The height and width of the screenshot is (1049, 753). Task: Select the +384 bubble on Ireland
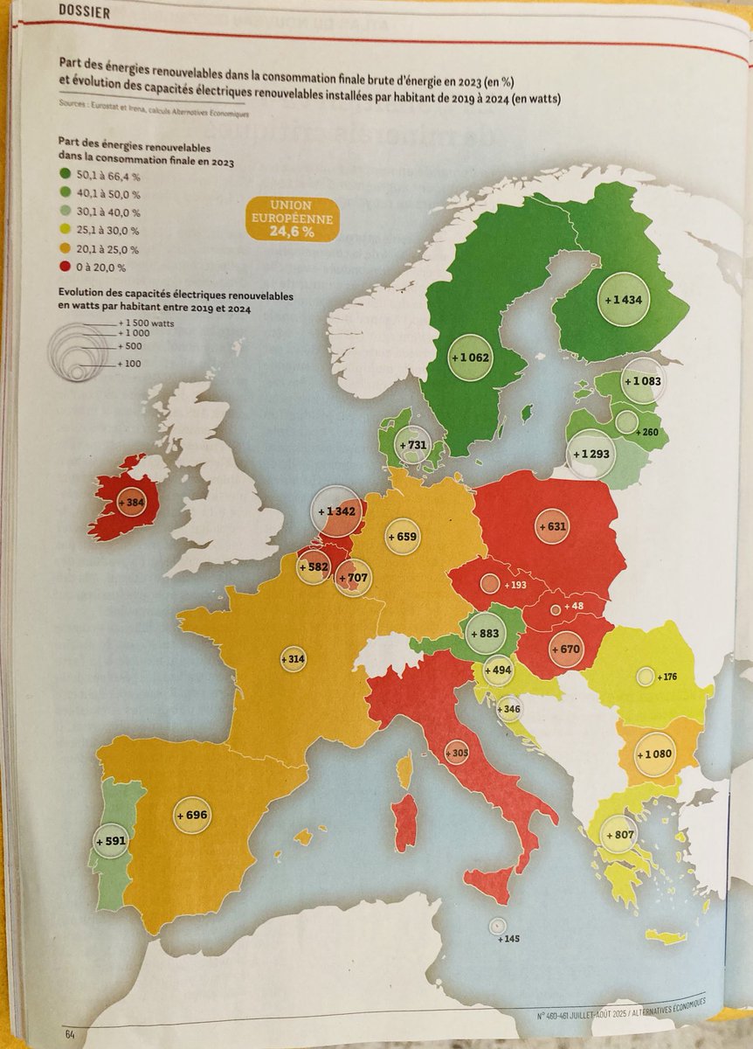click(x=130, y=504)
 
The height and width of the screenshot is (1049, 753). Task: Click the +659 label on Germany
click(x=402, y=535)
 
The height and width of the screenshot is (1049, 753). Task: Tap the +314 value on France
click(x=294, y=658)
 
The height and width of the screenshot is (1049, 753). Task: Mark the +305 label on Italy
click(x=456, y=753)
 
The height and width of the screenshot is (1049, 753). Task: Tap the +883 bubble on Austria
click(x=487, y=632)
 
